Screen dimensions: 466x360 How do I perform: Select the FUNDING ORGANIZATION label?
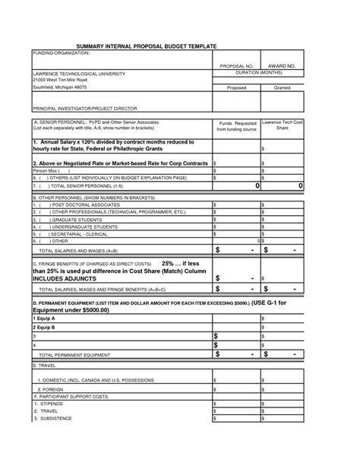62,54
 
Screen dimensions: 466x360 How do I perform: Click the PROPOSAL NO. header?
235,67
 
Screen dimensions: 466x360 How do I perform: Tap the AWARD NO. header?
283,67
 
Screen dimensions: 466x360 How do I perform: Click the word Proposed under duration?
235,87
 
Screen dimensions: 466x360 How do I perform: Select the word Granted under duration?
283,87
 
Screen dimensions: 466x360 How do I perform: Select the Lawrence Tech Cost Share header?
283,125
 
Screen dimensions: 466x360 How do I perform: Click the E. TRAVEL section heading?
49,366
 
